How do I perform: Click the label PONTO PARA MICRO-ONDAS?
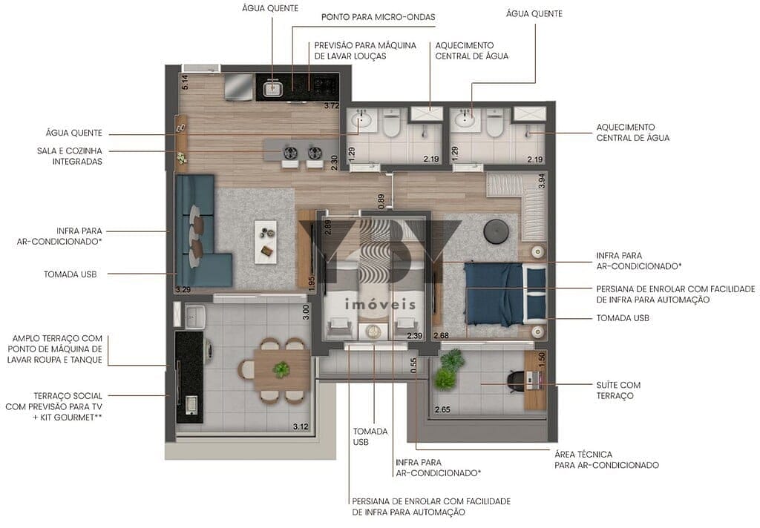pos(378,16)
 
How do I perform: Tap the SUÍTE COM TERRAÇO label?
pos(618,390)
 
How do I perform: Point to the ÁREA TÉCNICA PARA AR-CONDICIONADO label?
pos(606,459)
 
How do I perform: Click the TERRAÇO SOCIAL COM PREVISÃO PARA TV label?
pos(68,401)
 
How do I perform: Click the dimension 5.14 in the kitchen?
pos(186,82)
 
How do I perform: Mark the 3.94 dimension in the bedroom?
pos(541,180)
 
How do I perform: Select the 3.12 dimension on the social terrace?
pos(301,426)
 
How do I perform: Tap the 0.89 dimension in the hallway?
pos(381,201)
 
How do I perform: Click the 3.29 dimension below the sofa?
pos(183,288)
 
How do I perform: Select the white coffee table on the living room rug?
pos(265,240)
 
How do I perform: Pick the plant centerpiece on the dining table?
pos(281,369)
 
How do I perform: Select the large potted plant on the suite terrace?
pos(448,369)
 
